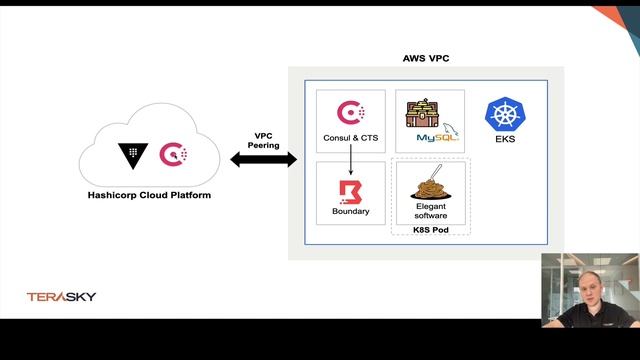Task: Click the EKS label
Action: [x=504, y=140]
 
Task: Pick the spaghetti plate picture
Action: [x=429, y=184]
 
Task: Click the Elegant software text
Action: [x=429, y=212]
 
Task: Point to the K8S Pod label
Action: [x=430, y=230]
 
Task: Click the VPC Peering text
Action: [x=264, y=140]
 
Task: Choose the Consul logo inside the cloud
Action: [x=173, y=155]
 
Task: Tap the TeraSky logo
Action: [x=60, y=297]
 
